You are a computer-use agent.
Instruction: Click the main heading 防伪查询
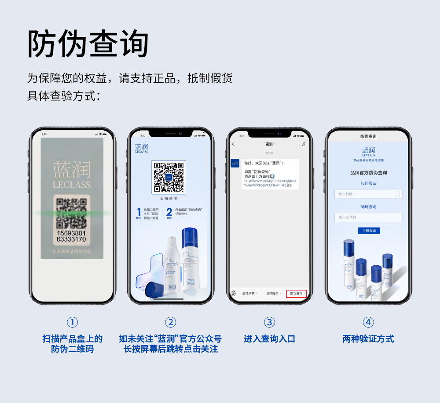[x=88, y=44]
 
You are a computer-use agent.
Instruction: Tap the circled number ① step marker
[x=72, y=322]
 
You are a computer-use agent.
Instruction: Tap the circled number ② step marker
[x=170, y=322]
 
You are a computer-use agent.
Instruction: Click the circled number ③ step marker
[x=269, y=322]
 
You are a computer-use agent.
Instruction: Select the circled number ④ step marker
[x=368, y=322]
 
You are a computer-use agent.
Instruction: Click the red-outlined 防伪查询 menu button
[x=296, y=293]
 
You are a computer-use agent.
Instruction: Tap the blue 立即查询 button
[x=369, y=231]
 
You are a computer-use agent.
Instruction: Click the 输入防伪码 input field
[x=368, y=217]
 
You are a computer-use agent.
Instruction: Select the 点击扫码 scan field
[x=363, y=194]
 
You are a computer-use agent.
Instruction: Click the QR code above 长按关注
[x=169, y=177]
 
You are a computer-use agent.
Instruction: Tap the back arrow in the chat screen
[x=233, y=144]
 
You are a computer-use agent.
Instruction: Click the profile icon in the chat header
[x=304, y=144]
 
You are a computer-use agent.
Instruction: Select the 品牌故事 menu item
[x=249, y=293]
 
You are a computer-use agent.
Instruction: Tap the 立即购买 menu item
[x=272, y=293]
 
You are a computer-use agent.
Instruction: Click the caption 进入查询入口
[x=269, y=339]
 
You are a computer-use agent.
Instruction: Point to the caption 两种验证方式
[x=368, y=339]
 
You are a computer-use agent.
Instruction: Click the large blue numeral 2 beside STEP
[x=169, y=212]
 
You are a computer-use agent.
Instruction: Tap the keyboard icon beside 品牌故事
[x=233, y=293]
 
